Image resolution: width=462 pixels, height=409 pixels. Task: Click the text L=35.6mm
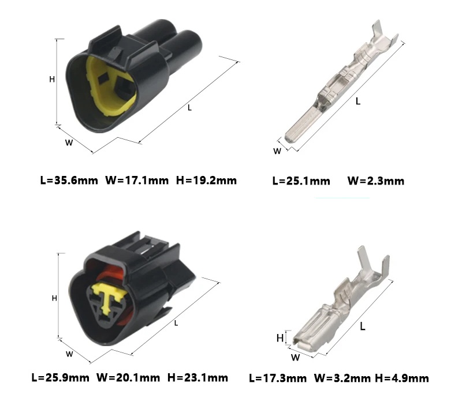[x=69, y=180]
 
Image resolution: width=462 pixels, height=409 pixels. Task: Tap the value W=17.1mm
[x=137, y=180]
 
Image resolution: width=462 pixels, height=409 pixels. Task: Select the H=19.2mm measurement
[x=206, y=180]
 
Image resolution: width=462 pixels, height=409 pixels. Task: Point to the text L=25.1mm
[x=301, y=181]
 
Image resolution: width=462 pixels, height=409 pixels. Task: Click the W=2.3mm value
[x=376, y=181]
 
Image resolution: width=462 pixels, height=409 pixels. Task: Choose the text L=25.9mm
[x=61, y=377]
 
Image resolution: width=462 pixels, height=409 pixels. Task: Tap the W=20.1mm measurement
[x=128, y=377]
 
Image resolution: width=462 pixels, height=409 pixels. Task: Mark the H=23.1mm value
[x=198, y=377]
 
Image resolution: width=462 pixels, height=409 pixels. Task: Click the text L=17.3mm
[x=278, y=378]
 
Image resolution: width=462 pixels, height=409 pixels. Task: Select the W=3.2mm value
[x=342, y=378]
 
